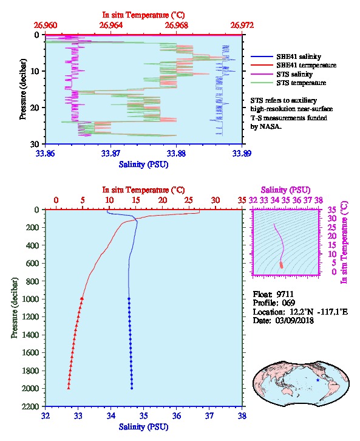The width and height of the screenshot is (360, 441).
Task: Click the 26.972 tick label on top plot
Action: click(242, 26)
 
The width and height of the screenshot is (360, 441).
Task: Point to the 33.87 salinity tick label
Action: click(111, 153)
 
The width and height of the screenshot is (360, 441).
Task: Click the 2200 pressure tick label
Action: click(30, 406)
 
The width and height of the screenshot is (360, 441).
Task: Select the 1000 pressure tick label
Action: click(30, 299)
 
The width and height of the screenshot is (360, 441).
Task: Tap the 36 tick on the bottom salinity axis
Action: click(177, 415)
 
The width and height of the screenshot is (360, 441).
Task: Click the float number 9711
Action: click(285, 294)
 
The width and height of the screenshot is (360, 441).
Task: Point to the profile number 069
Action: click(288, 303)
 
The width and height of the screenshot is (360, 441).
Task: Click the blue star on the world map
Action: click(318, 380)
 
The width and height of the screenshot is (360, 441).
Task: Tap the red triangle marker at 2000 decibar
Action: click(69, 388)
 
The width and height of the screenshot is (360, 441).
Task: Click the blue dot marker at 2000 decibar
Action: click(132, 388)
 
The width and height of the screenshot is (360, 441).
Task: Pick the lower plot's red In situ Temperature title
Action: click(143, 190)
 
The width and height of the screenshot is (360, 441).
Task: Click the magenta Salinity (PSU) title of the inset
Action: click(285, 190)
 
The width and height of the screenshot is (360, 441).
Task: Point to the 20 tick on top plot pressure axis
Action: click(35, 108)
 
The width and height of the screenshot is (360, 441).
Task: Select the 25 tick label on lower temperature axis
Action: click(189, 200)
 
